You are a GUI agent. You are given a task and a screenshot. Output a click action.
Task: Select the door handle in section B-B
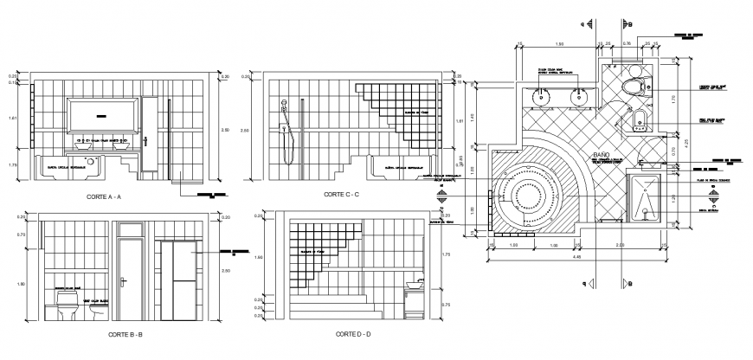(125, 279)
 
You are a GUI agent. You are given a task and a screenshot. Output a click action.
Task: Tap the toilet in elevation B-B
(67, 305)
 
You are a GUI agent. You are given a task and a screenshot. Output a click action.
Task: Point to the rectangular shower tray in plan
(647, 198)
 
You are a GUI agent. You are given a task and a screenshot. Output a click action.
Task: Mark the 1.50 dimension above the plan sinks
(560, 43)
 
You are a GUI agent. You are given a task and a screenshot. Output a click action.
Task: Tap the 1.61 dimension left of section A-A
(12, 119)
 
